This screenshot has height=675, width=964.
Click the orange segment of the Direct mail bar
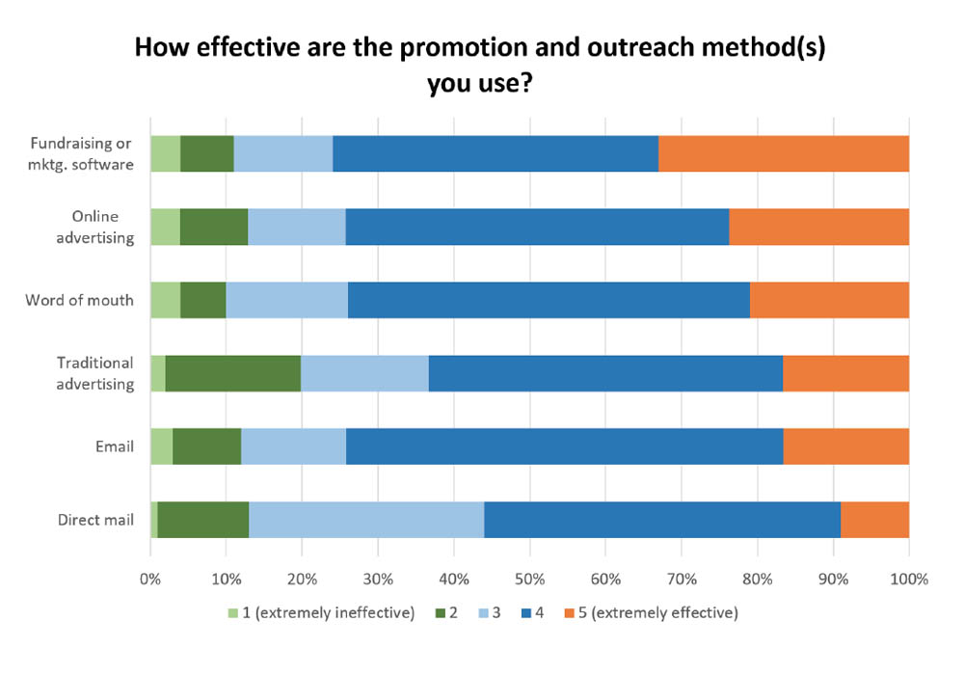pyautogui.click(x=875, y=520)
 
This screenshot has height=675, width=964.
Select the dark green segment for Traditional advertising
pyautogui.click(x=233, y=373)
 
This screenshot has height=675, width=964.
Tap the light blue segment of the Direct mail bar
pyautogui.click(x=366, y=520)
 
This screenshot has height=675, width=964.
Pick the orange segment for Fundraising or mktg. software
pyautogui.click(x=784, y=153)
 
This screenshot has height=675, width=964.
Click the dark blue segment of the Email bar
pyautogui.click(x=564, y=446)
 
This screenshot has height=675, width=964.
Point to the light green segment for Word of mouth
pyautogui.click(x=166, y=300)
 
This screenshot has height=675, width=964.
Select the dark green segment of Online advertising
pyautogui.click(x=214, y=227)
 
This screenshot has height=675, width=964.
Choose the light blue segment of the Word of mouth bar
pyautogui.click(x=287, y=300)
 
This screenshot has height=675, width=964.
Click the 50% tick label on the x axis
pyautogui.click(x=530, y=580)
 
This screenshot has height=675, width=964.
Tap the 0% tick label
pyautogui.click(x=150, y=580)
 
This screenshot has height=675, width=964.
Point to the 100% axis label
pyautogui.click(x=909, y=580)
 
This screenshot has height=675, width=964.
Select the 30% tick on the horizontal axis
pyautogui.click(x=378, y=580)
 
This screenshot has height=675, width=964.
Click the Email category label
pyautogui.click(x=115, y=446)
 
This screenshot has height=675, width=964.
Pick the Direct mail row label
pyautogui.click(x=95, y=520)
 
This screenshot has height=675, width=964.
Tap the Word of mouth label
pyautogui.click(x=79, y=300)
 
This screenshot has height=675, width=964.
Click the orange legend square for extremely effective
pyautogui.click(x=569, y=613)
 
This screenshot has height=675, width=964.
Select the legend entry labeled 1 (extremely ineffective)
pyautogui.click(x=322, y=613)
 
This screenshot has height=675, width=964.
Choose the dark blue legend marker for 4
pyautogui.click(x=526, y=613)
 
